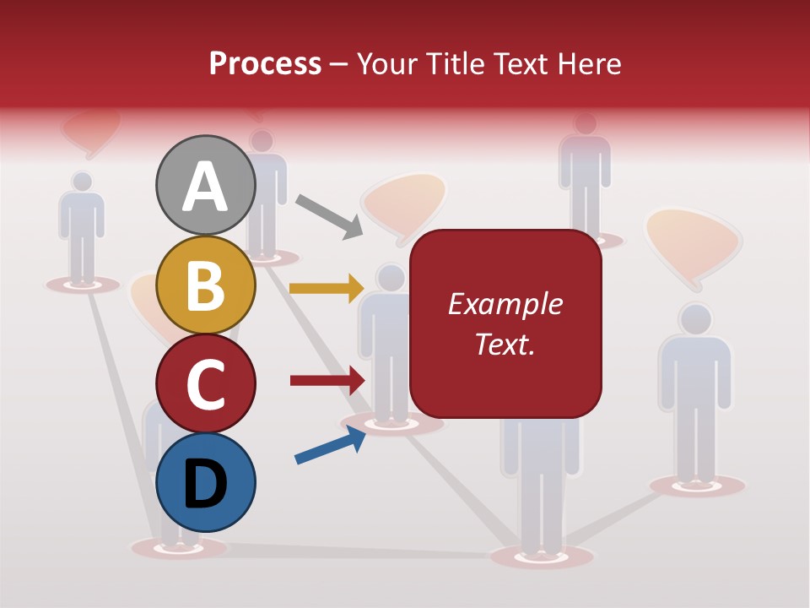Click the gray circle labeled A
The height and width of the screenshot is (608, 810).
click(x=205, y=186)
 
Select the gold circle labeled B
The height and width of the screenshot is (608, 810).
click(x=205, y=285)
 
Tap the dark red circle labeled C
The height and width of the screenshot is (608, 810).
click(x=205, y=383)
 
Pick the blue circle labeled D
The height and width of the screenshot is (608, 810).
click(x=205, y=482)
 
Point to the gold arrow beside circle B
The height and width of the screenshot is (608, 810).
click(x=326, y=288)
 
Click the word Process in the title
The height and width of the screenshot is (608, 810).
click(x=265, y=64)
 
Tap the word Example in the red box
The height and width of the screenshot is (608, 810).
click(x=505, y=304)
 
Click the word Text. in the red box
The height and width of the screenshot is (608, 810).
click(x=505, y=344)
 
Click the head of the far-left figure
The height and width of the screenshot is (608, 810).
click(x=82, y=181)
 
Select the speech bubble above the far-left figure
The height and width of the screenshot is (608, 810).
click(x=90, y=131)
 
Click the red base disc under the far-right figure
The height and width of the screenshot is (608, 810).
click(x=697, y=486)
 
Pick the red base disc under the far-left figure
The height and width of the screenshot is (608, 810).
click(x=83, y=285)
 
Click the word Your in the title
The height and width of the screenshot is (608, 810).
click(x=385, y=64)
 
